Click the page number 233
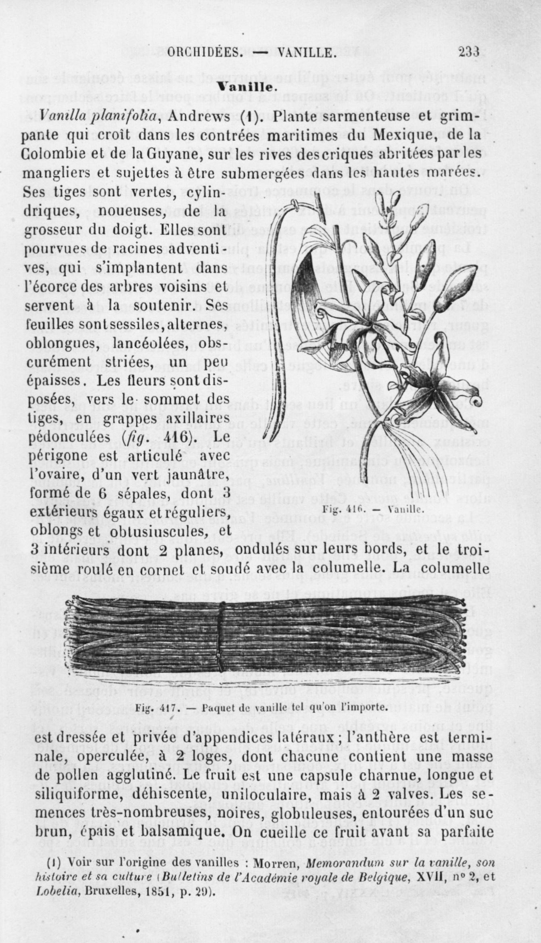tap(468, 52)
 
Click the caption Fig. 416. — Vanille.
tap(367, 509)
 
